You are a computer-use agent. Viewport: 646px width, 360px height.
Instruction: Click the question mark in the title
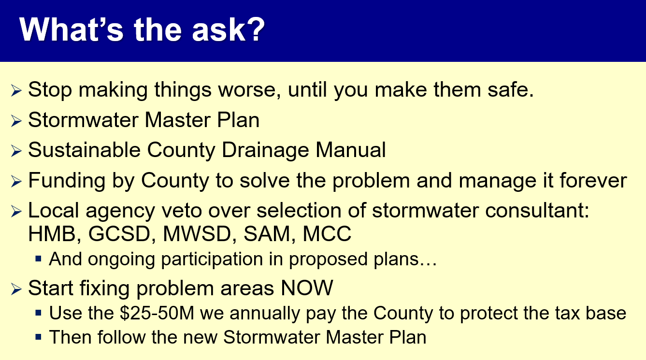(255, 29)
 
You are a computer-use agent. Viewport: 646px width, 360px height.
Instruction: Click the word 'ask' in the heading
(218, 30)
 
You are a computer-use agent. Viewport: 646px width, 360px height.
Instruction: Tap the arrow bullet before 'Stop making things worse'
(16, 90)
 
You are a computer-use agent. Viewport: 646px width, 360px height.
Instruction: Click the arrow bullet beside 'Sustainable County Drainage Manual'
(16, 151)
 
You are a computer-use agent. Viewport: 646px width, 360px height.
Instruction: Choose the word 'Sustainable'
(85, 150)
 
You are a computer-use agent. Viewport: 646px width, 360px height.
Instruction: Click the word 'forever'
(593, 181)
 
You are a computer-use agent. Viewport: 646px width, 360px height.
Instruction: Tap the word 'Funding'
(67, 181)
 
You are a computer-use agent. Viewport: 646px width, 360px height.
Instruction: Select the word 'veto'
(181, 211)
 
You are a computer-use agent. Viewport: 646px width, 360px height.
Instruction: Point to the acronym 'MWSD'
(197, 234)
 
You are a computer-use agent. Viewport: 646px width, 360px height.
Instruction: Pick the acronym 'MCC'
(327, 234)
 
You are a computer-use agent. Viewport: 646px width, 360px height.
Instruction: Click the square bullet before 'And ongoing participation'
(38, 258)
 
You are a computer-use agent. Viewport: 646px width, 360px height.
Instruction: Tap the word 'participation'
(212, 259)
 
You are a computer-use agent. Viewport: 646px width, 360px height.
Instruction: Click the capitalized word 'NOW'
(307, 288)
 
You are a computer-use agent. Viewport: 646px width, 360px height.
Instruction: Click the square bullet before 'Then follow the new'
(38, 337)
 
